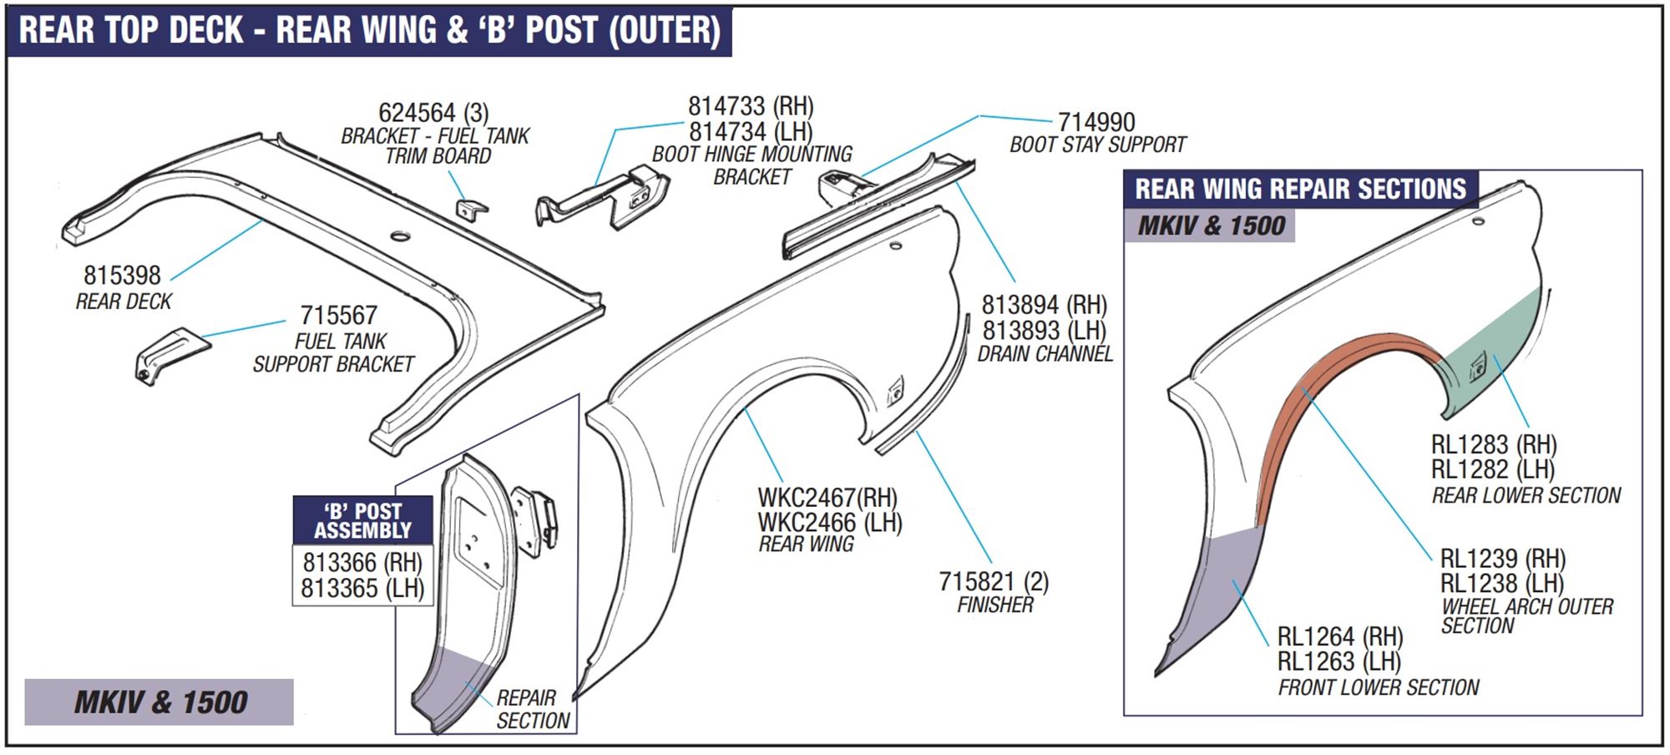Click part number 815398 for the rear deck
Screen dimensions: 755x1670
point(122,275)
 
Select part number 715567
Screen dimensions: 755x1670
point(338,316)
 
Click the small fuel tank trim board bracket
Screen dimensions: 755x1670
point(472,209)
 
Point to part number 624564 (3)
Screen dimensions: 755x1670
point(433,113)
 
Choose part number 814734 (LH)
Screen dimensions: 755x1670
point(750,132)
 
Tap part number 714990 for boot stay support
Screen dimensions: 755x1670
point(1096,122)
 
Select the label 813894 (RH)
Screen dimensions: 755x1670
point(1044,305)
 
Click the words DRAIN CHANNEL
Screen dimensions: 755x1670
point(1045,354)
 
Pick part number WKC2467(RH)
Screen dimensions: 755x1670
point(827,498)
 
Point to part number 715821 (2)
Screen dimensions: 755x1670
point(993,581)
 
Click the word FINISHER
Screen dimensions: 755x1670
point(994,605)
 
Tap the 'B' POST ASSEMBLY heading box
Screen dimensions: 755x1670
point(362,520)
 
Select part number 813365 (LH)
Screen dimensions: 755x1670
point(362,588)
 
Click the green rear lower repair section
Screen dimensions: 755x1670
point(1495,351)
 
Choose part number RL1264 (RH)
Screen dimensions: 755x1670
point(1340,636)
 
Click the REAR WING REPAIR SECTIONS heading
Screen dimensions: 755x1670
point(1300,190)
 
